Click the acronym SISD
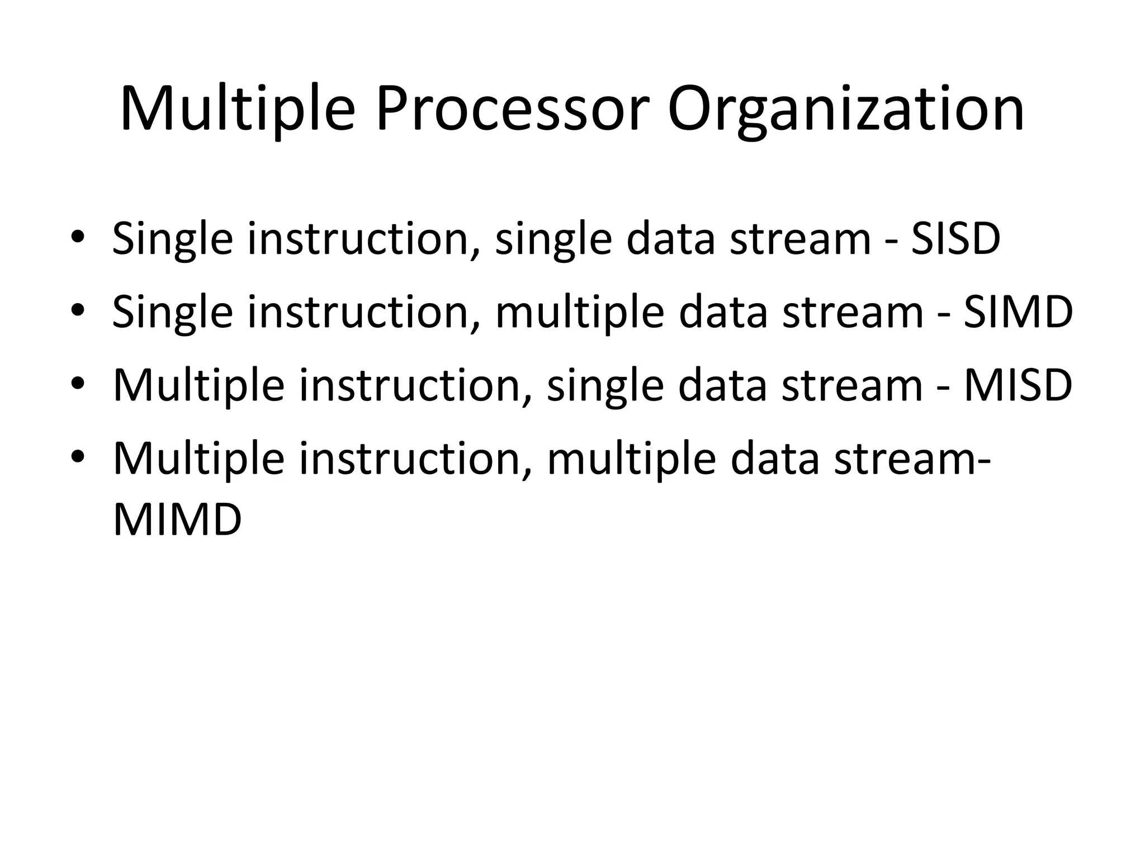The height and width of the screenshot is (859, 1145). click(955, 239)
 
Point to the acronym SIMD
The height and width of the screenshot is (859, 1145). click(1018, 312)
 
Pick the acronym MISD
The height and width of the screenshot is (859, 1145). click(1018, 385)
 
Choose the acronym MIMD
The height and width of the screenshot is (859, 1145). click(177, 520)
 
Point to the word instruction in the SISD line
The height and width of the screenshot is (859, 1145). click(364, 239)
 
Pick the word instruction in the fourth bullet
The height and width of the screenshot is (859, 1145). click(415, 459)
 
